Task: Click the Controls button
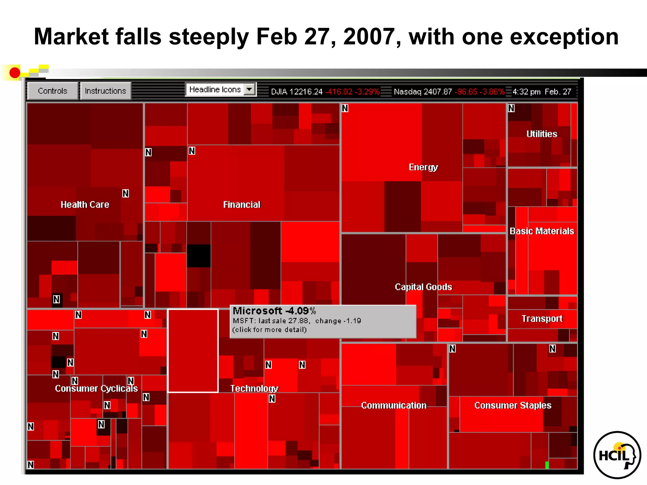click(52, 91)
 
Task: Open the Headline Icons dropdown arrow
click(250, 90)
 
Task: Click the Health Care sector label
click(85, 205)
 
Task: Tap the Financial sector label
click(242, 205)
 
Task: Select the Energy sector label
click(423, 167)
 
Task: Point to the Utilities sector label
click(542, 134)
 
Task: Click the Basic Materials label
click(542, 231)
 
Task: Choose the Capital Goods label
click(423, 287)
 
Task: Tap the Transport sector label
click(542, 319)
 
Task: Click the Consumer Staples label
click(513, 405)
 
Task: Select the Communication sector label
click(394, 405)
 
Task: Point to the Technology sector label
click(254, 388)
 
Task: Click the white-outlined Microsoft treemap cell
click(193, 350)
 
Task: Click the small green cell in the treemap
click(547, 465)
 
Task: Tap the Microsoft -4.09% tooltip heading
click(274, 311)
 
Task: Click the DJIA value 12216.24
click(306, 92)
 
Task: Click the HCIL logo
click(617, 455)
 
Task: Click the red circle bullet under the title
click(15, 73)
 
